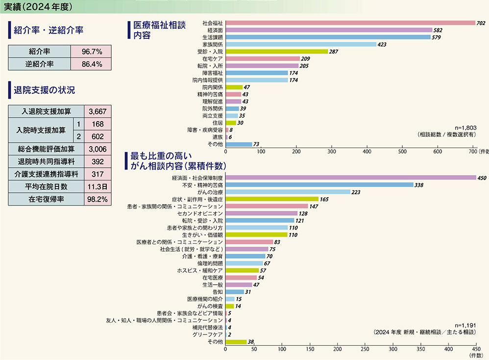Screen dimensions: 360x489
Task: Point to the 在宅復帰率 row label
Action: click(x=47, y=199)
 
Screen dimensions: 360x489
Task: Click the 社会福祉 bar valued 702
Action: click(x=350, y=23)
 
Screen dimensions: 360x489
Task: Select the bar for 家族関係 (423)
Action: click(x=300, y=44)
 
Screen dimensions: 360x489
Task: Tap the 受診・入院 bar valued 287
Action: click(x=276, y=51)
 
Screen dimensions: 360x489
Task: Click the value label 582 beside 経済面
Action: click(x=439, y=30)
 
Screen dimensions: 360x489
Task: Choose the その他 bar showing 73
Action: click(x=238, y=144)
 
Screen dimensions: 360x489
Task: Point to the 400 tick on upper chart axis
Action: click(x=367, y=152)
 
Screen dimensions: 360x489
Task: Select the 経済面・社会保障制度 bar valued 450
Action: click(x=350, y=178)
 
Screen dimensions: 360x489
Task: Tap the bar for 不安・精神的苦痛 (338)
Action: click(x=319, y=185)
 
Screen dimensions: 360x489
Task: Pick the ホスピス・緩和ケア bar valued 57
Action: click(x=242, y=270)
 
